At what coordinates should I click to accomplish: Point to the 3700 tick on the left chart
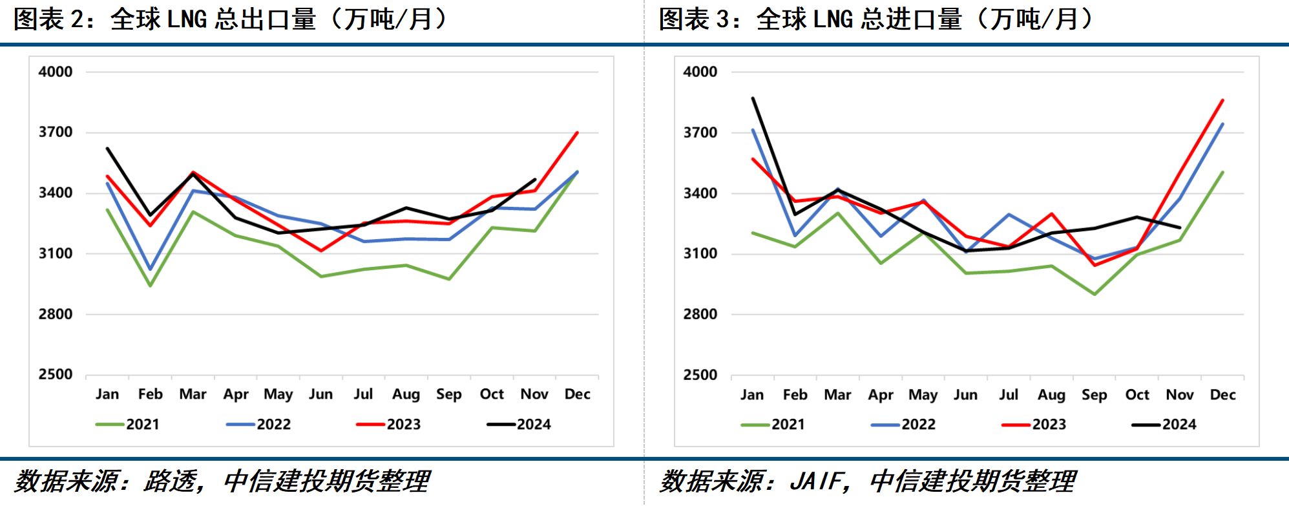pyautogui.click(x=56, y=132)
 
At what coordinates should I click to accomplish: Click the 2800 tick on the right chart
pyautogui.click(x=700, y=315)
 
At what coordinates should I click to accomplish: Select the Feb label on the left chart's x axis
pyautogui.click(x=150, y=394)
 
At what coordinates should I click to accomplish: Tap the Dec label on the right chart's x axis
pyautogui.click(x=1222, y=395)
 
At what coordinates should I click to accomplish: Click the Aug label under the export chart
pyautogui.click(x=406, y=394)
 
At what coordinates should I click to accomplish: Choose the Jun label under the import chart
pyautogui.click(x=965, y=395)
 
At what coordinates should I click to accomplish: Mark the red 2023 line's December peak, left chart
pyautogui.click(x=577, y=132)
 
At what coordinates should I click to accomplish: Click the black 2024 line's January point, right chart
pyautogui.click(x=753, y=98)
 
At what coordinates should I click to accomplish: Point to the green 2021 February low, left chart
pyautogui.click(x=151, y=286)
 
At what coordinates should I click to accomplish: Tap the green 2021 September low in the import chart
pyautogui.click(x=1095, y=295)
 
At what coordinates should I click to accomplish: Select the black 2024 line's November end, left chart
pyautogui.click(x=535, y=179)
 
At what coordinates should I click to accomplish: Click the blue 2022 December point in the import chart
pyautogui.click(x=1222, y=124)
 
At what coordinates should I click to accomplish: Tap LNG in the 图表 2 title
pyautogui.click(x=187, y=19)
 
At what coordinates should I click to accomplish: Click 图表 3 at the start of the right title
pyautogui.click(x=695, y=19)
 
